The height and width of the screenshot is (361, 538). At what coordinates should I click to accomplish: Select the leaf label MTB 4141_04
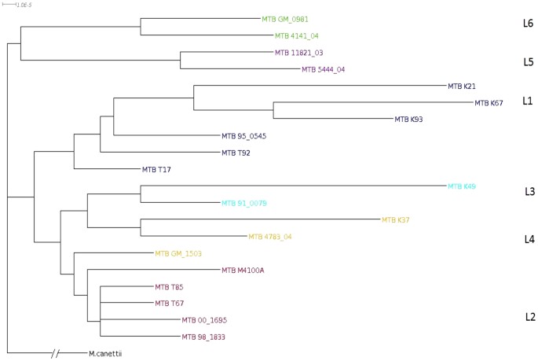297,36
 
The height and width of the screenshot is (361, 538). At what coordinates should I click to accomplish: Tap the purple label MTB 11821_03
298,53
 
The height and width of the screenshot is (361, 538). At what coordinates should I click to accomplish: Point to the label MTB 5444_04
324,69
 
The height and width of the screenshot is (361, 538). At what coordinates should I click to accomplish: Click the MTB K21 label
462,87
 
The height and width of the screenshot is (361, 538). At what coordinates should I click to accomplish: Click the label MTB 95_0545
243,136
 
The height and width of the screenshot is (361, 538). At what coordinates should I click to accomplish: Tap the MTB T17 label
156,169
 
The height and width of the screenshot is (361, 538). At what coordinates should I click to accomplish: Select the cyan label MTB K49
462,186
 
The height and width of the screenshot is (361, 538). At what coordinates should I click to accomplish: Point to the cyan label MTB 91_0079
244,203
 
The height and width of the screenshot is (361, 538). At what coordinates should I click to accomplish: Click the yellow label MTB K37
395,220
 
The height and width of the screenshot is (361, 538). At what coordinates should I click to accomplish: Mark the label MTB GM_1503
179,253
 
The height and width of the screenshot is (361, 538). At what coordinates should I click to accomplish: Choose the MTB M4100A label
243,271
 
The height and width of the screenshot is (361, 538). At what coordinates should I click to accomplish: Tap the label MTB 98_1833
204,337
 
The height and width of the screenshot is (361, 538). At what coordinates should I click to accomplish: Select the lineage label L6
528,24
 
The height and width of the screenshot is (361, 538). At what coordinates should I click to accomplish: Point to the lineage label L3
529,191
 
